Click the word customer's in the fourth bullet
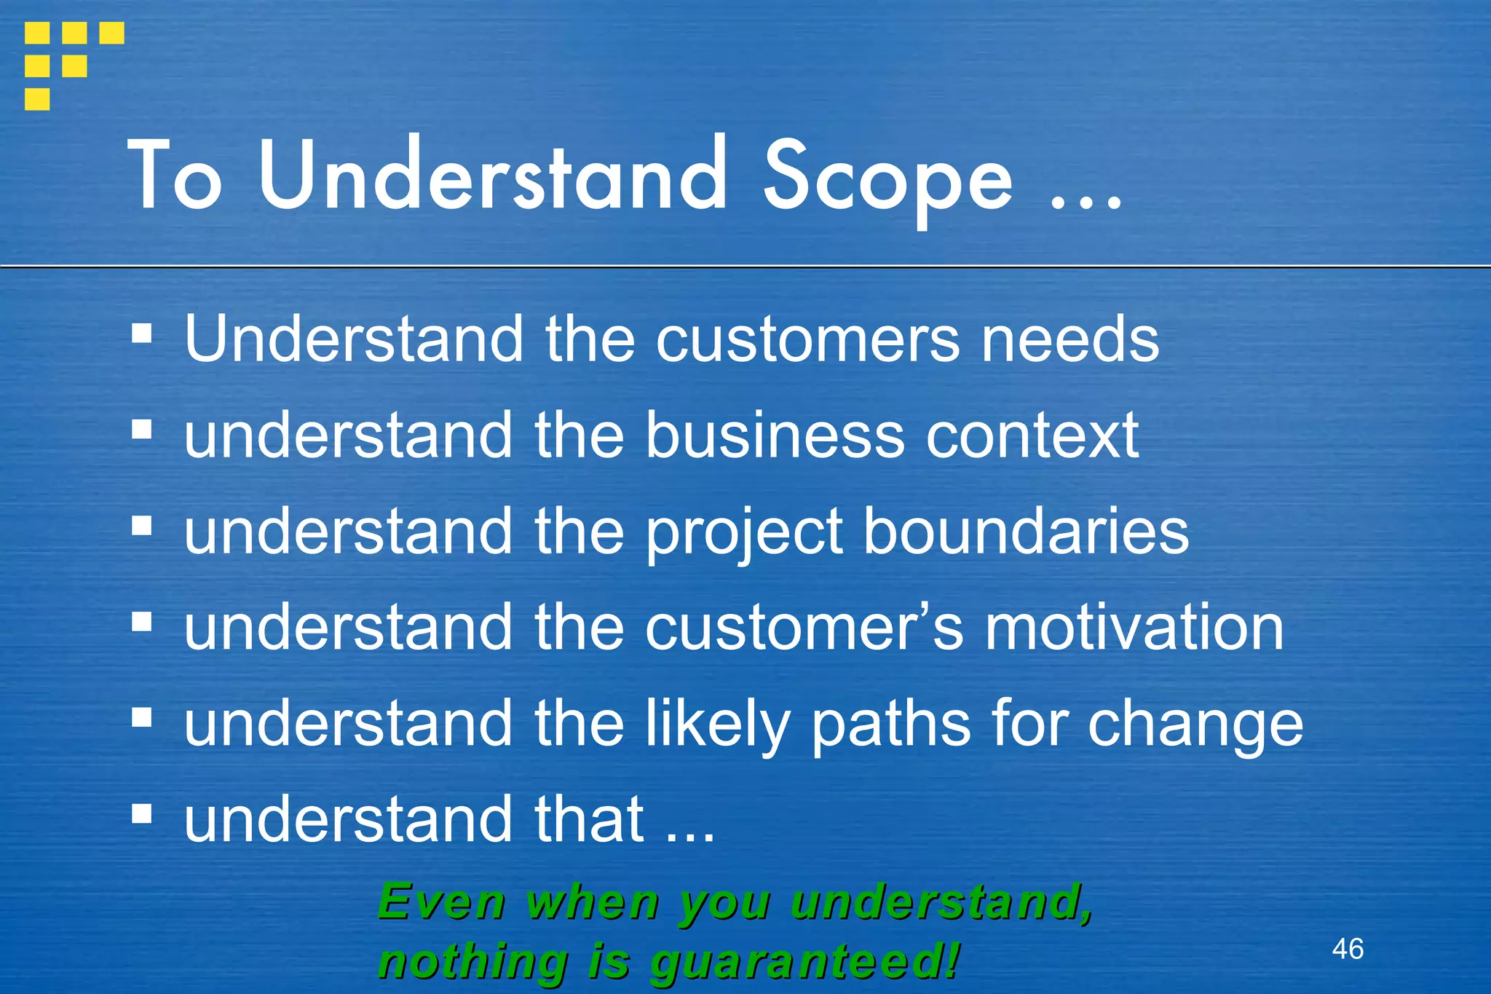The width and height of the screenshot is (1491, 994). coord(804,628)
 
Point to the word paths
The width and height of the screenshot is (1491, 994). coord(891,725)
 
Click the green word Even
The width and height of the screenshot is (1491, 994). coord(441,903)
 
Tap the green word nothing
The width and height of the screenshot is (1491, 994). coord(473,963)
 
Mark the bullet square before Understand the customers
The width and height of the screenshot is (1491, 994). coord(142,334)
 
